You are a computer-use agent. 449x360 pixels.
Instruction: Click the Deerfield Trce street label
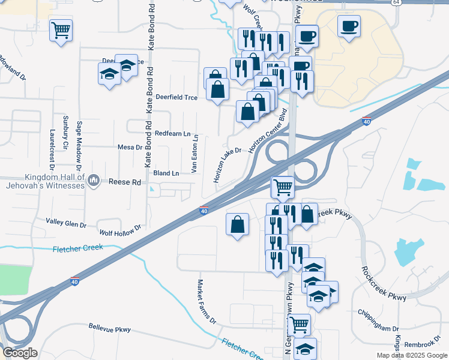click(x=176, y=97)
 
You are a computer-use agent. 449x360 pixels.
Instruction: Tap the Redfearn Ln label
click(x=172, y=133)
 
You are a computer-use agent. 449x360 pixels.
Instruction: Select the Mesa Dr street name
click(x=129, y=146)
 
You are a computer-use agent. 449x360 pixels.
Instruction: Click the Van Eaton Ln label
click(x=194, y=154)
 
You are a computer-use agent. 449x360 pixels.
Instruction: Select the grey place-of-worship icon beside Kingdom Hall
click(x=94, y=181)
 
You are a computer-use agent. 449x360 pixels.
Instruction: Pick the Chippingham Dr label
click(x=378, y=329)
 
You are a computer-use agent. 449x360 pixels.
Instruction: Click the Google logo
click(x=20, y=353)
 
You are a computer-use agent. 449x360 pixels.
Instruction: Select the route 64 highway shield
click(x=397, y=2)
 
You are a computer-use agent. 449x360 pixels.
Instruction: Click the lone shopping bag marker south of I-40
click(x=238, y=224)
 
